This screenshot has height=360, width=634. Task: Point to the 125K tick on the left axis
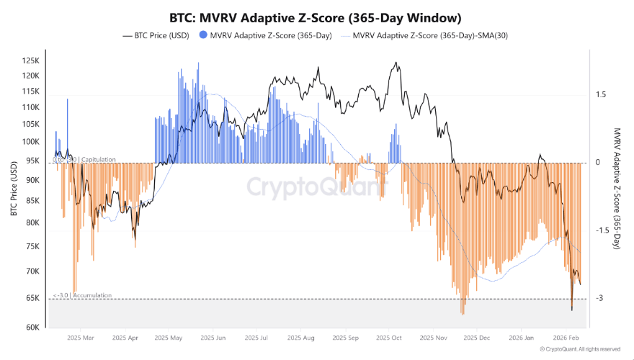pyautogui.click(x=32, y=60)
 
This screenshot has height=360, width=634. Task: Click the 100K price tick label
pyautogui.click(x=32, y=141)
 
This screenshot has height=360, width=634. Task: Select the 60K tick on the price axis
pyautogui.click(x=33, y=327)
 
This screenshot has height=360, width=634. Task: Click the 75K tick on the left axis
pyautogui.click(x=33, y=246)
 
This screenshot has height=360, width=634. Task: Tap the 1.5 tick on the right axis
pyautogui.click(x=601, y=94)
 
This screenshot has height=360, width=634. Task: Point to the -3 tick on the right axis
pyautogui.click(x=599, y=298)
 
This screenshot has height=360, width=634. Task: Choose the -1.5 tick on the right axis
pyautogui.click(x=602, y=230)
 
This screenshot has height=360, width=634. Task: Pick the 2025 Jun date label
pyautogui.click(x=212, y=337)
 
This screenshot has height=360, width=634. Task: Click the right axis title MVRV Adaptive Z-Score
pyautogui.click(x=617, y=189)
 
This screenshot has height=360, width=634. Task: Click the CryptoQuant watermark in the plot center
pyautogui.click(x=317, y=187)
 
